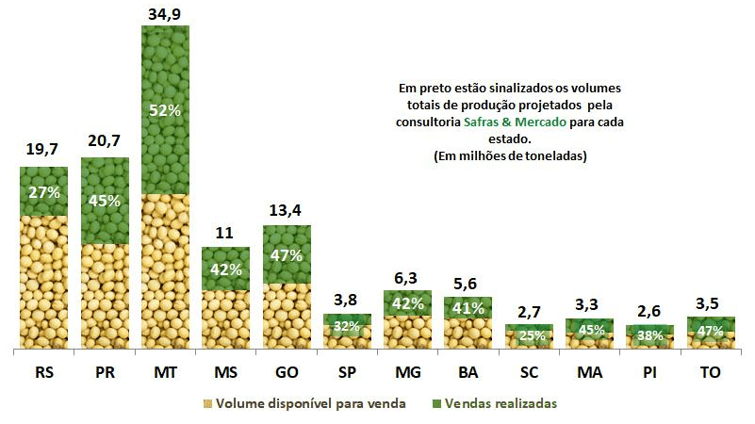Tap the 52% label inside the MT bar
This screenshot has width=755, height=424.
[x=165, y=110]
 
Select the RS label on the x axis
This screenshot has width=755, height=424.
[x=43, y=372]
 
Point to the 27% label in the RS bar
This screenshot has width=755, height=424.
[x=43, y=192]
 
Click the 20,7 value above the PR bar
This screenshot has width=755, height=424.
[x=104, y=142]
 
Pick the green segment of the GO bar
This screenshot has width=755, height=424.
[x=287, y=254]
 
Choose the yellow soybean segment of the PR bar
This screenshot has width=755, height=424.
[x=105, y=297]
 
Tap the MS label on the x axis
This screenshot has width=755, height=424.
[x=226, y=372]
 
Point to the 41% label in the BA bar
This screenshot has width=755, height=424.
[x=468, y=307]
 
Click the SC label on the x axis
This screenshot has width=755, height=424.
[x=530, y=372]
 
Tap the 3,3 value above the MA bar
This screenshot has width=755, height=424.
[x=590, y=304]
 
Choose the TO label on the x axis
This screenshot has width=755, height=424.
[x=712, y=372]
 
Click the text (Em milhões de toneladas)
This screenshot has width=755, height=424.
[x=510, y=156]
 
